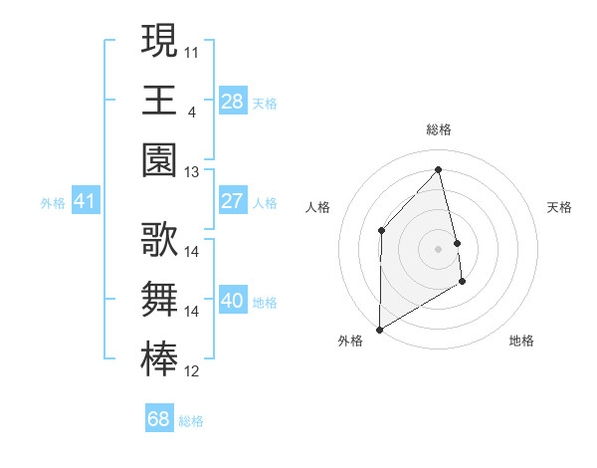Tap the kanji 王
[159, 100]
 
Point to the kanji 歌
[159, 239]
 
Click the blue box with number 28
[233, 101]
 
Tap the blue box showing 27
[233, 201]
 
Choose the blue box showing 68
[159, 419]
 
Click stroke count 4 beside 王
[191, 111]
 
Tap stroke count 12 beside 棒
[192, 372]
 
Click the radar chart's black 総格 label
[438, 129]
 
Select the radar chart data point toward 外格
[379, 329]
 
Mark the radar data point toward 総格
[438, 170]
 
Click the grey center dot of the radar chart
[438, 248]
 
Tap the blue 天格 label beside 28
[265, 103]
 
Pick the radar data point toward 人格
[381, 230]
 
